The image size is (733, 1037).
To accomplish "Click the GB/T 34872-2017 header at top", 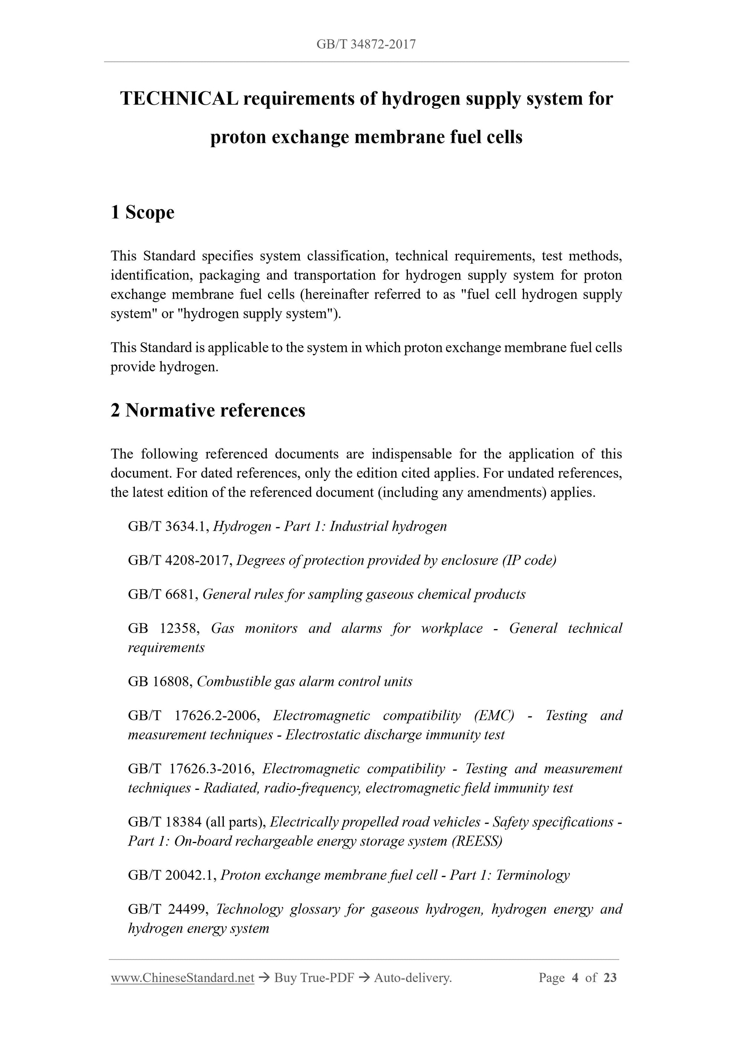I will point(366,44).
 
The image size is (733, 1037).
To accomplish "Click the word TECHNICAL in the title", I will point(179,98).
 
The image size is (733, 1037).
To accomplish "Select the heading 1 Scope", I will point(142,212).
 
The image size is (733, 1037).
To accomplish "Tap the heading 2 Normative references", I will point(208,411).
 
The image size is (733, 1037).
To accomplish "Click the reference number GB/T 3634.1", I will point(168,526).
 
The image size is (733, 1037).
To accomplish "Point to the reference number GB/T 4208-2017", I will point(180,560).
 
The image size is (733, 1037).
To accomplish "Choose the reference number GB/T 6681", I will point(163,594).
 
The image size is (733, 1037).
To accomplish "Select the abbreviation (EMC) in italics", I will point(494,715).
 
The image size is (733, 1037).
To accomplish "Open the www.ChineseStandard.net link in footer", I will point(182,978).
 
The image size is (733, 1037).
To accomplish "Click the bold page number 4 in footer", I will point(575,978).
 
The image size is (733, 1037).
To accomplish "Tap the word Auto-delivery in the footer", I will point(412,978).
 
